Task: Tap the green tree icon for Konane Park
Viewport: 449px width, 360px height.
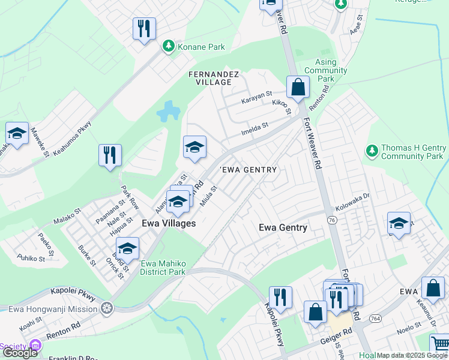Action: pyautogui.click(x=169, y=46)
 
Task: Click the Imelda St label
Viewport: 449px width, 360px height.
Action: pyautogui.click(x=255, y=128)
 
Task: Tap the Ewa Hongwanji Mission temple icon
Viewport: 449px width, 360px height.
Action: pyautogui.click(x=107, y=309)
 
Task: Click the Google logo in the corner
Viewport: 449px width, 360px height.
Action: pyautogui.click(x=20, y=353)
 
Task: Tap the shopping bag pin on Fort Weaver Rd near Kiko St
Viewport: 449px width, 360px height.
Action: pyautogui.click(x=298, y=88)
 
